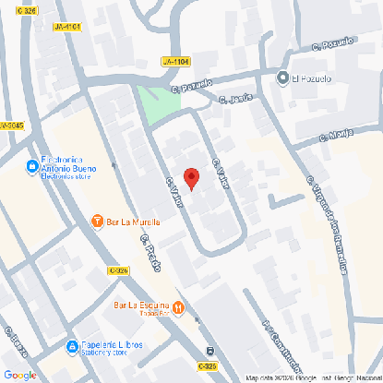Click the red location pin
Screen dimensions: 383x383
191,178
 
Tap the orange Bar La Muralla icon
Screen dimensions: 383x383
98,221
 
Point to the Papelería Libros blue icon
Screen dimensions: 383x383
72,348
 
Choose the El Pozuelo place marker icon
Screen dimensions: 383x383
282,78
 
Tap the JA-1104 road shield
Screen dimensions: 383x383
174,61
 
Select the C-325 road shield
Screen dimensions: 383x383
117,269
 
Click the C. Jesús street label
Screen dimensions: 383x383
235,100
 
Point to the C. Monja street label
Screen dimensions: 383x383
337,135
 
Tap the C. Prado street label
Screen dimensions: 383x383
151,253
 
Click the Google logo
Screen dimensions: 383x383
19,374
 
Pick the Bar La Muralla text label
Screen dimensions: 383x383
135,221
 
